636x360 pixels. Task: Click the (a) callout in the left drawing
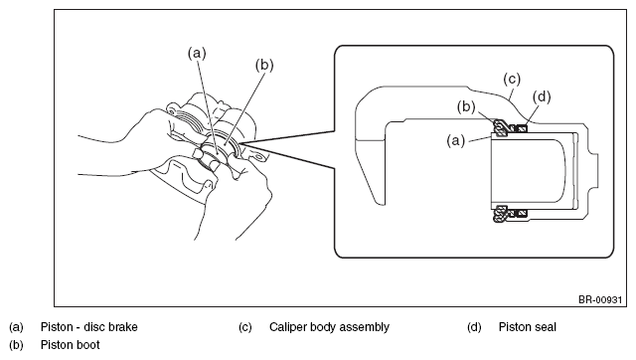(197, 53)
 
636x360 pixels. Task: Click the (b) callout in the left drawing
(264, 65)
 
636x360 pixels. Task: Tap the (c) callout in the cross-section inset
(512, 79)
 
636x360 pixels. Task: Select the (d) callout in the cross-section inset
(542, 97)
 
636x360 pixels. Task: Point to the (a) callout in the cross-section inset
(455, 141)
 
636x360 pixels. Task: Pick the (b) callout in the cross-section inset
(466, 106)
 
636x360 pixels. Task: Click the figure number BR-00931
(600, 299)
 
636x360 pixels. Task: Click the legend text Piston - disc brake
(88, 327)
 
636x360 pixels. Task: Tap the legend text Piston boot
(71, 345)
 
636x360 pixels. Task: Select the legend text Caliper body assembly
(329, 327)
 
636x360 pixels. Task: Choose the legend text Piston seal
(528, 327)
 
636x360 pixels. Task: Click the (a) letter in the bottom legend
(16, 327)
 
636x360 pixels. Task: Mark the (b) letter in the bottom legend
(16, 345)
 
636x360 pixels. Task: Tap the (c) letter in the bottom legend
(245, 327)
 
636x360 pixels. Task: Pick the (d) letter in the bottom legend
(474, 327)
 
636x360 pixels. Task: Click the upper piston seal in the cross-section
(521, 128)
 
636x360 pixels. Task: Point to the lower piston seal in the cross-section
(521, 213)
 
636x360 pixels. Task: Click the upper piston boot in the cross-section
(501, 128)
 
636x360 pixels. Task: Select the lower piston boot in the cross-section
(501, 214)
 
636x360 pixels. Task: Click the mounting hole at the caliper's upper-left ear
(171, 110)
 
